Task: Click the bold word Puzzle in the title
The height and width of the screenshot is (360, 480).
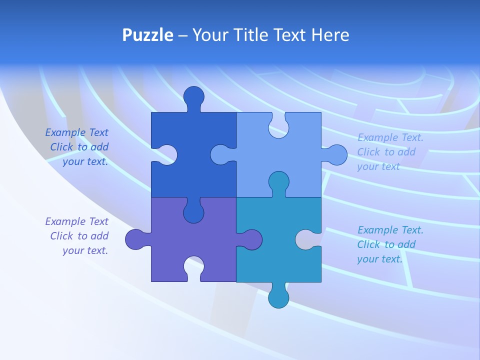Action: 148,35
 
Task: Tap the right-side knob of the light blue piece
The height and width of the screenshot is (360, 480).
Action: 336,155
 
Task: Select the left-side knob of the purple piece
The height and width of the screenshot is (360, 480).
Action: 135,239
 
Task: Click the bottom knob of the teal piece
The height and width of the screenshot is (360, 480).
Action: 278,297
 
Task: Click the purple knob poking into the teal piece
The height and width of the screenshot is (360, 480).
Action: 251,239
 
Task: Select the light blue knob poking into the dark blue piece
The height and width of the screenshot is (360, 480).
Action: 221,155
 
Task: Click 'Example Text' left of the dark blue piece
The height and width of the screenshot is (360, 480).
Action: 76,132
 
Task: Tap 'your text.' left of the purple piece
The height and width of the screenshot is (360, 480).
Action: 85,250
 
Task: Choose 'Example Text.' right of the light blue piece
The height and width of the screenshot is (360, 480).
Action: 390,137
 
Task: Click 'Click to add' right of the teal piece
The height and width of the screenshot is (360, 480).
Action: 386,244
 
